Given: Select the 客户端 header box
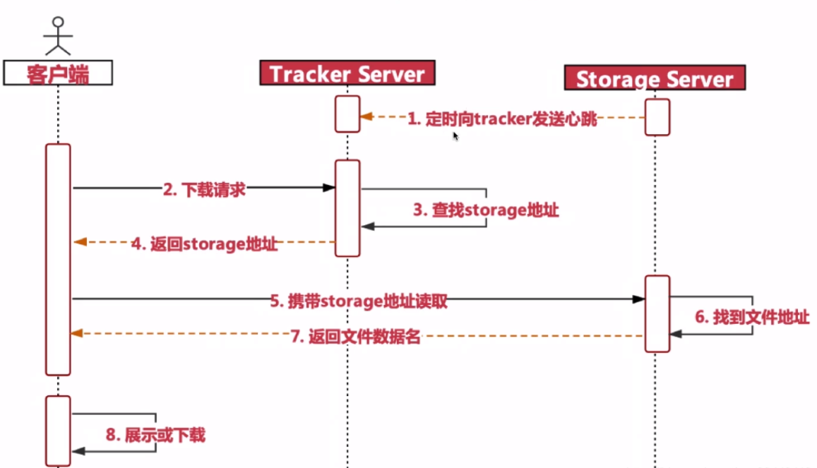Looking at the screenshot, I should coord(58,73).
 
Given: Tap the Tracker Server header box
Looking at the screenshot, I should coord(347,73).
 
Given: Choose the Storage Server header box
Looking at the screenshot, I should coord(655,78).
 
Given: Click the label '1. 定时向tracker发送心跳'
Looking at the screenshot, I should coord(502,119).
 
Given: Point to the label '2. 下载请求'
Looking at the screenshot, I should coord(204,188).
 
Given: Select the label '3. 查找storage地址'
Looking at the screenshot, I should coord(486,210).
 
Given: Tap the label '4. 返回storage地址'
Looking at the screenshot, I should coord(204,244).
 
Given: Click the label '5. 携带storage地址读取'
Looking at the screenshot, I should coord(359,301).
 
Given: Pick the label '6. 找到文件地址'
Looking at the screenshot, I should coord(752,317).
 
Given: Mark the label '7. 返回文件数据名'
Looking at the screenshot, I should coord(355,337).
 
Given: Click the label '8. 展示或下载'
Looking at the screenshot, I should coord(155,434).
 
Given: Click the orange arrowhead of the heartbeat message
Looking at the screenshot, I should coord(366,116).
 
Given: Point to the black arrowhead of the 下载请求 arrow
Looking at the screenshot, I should coord(329,188).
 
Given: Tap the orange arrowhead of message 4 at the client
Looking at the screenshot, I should coord(79,242).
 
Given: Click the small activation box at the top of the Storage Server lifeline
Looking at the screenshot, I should coord(657,116).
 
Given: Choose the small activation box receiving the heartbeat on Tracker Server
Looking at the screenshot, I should coord(347,113).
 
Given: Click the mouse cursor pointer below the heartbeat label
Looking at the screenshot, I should coord(455,136).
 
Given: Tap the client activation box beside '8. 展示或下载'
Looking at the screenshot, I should coord(58,431).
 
